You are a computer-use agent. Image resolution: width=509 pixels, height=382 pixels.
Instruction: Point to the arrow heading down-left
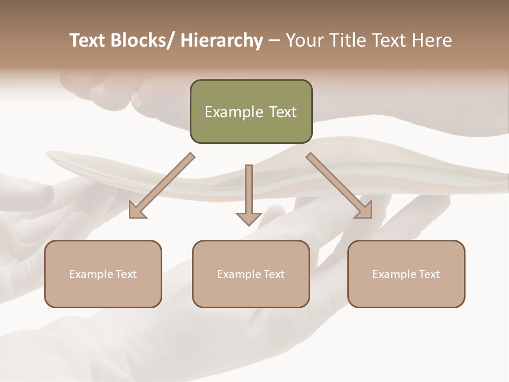click(162, 185)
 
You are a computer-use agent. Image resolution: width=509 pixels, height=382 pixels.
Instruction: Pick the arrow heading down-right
click(339, 185)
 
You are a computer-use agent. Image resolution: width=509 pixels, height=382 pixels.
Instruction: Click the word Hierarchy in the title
click(222, 40)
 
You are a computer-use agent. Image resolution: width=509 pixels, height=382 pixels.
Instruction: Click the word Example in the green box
click(233, 112)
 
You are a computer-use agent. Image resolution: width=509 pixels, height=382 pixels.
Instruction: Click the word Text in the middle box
click(274, 274)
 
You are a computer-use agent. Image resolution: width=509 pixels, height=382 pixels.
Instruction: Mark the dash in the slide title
click(274, 40)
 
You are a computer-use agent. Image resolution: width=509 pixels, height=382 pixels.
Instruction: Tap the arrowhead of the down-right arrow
click(364, 211)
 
